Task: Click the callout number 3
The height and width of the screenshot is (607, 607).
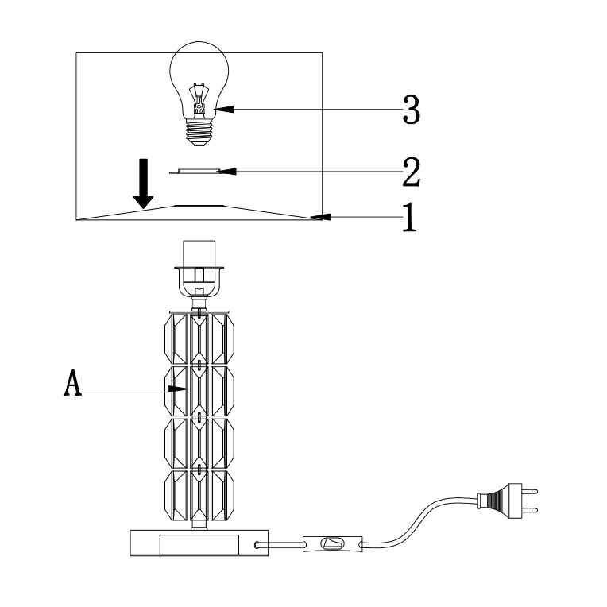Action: point(411,110)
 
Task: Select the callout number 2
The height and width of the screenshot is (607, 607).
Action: point(411,170)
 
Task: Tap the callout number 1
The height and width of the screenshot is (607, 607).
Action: point(408,216)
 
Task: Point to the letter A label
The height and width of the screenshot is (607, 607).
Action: point(72,388)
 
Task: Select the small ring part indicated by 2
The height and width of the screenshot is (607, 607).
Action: point(197,171)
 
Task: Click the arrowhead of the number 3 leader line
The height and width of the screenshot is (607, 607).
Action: point(218,110)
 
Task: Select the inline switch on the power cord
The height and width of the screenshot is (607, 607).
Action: point(331,545)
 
